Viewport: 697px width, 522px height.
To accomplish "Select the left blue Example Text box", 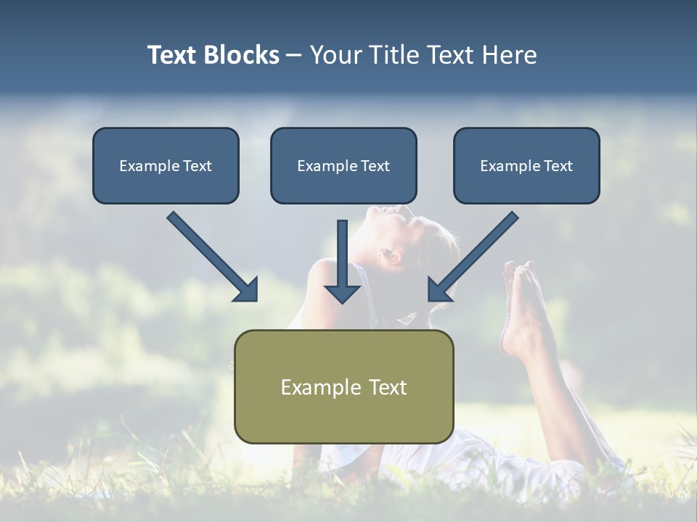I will tap(166, 166).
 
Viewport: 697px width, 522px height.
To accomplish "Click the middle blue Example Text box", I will tap(343, 166).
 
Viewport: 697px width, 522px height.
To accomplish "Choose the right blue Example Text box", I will tap(526, 166).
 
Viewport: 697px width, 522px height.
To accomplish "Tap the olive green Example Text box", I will tap(343, 386).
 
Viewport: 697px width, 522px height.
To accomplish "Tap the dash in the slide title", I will tap(294, 56).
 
